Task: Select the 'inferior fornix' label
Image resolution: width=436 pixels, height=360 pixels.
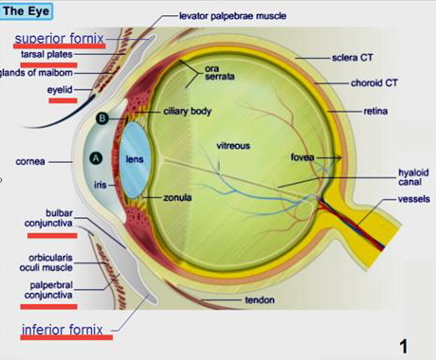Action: click(64, 331)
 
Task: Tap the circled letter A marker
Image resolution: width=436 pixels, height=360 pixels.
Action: click(94, 158)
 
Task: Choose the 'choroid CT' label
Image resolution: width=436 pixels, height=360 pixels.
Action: click(373, 83)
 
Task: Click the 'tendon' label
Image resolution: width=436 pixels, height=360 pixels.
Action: click(259, 300)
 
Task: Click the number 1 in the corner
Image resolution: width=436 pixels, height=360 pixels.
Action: click(403, 346)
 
